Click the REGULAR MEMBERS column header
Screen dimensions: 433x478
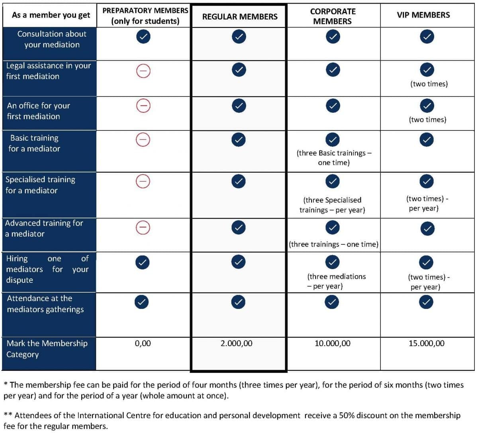pyautogui.click(x=239, y=16)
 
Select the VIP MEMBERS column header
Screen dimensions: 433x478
pyautogui.click(x=423, y=15)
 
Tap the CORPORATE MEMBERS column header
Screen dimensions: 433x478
pyautogui.click(x=333, y=16)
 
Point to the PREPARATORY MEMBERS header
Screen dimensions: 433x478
pyautogui.click(x=145, y=16)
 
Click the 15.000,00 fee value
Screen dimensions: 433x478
pyautogui.click(x=426, y=343)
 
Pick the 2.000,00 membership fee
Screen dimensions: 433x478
pyautogui.click(x=236, y=343)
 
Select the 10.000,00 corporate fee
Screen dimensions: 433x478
pyautogui.click(x=333, y=343)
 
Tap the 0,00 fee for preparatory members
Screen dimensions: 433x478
pyautogui.click(x=143, y=343)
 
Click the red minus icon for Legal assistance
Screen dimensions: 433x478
pyautogui.click(x=143, y=71)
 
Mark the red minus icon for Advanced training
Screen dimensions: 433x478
pyautogui.click(x=143, y=227)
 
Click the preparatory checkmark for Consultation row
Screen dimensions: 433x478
pyautogui.click(x=143, y=37)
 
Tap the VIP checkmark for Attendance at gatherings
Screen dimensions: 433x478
pyautogui.click(x=426, y=302)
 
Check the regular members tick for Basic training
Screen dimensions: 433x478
pyautogui.click(x=238, y=140)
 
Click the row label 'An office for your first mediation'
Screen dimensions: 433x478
pyautogui.click(x=38, y=111)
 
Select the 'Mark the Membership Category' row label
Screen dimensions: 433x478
pyautogui.click(x=47, y=349)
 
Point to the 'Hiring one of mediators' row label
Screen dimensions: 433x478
pyautogui.click(x=47, y=269)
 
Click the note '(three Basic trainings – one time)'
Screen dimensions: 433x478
pyautogui.click(x=334, y=157)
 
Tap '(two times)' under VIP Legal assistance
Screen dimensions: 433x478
pyautogui.click(x=429, y=84)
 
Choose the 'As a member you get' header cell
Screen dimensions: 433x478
pyautogui.click(x=51, y=15)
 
